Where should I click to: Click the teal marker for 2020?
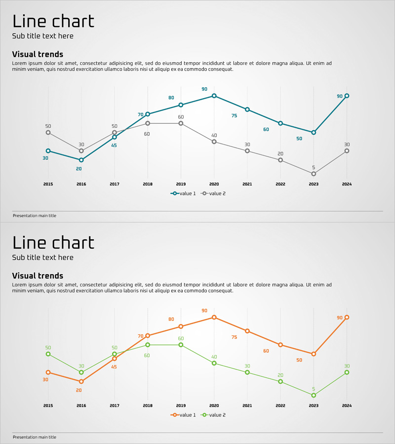[214, 96]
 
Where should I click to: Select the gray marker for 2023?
[314, 174]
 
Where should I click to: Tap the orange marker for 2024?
[347, 317]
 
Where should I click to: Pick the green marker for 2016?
[81, 372]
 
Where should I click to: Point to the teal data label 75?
[234, 116]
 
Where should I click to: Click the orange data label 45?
[114, 367]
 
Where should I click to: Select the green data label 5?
[314, 389]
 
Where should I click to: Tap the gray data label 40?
[214, 136]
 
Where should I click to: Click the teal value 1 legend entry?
[183, 194]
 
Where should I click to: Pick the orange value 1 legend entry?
[183, 415]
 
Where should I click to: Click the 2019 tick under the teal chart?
[181, 184]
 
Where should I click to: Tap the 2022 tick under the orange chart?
[280, 406]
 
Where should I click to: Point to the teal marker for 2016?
[81, 160]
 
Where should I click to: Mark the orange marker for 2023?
[314, 354]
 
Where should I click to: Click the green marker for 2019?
[181, 345]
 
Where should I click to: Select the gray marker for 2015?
[48, 132]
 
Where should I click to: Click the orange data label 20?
[79, 390]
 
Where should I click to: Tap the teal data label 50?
[299, 139]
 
